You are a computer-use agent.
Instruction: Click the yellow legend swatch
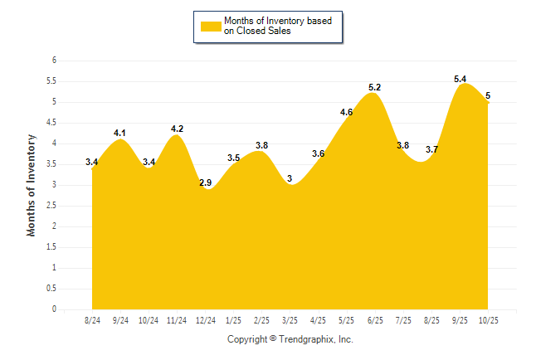[x=211, y=26]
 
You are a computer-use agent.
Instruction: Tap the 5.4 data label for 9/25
[x=460, y=79]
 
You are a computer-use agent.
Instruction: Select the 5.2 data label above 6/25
[x=374, y=87]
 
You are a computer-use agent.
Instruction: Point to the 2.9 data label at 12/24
[x=205, y=182]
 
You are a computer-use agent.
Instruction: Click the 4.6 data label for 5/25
[x=347, y=112]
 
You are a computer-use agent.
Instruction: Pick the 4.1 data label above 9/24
[x=119, y=133]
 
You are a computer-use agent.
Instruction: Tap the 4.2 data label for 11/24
[x=177, y=129]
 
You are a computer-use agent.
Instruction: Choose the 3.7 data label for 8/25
[x=431, y=149]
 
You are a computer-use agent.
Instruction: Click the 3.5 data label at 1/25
[x=233, y=158]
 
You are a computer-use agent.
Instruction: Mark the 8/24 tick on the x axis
[x=92, y=320]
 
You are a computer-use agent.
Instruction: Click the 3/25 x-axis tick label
[x=290, y=320]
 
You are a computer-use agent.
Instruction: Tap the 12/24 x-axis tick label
[x=205, y=320]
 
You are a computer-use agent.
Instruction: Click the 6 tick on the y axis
[x=54, y=61]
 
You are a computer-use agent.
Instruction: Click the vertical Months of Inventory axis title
[x=32, y=185]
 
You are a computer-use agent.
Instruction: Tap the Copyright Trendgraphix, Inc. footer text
[x=290, y=339]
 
